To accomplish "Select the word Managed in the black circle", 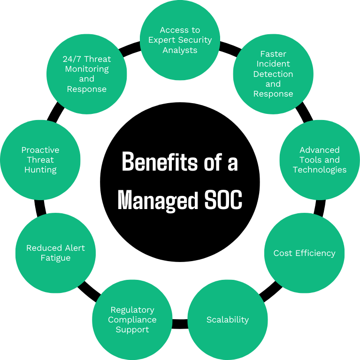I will [x=158, y=200].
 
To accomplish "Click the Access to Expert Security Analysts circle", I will [x=180, y=40].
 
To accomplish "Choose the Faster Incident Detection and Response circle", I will [x=273, y=74].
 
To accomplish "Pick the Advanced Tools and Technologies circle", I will [x=320, y=160].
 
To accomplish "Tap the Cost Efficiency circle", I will [x=304, y=253].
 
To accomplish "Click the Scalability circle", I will [x=228, y=320].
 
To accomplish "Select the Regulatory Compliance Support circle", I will [x=132, y=320].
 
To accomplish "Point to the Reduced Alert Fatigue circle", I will [x=55, y=253].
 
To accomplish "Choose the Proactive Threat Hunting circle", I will [x=40, y=160].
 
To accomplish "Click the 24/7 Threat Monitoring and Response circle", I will [x=87, y=74].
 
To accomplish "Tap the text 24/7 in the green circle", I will [x=71, y=59].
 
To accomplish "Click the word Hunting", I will [x=40, y=170].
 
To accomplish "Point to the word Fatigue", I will [x=55, y=258].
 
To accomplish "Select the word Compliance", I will [x=132, y=320].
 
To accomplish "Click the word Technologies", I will [x=320, y=170].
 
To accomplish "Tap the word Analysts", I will [x=180, y=50].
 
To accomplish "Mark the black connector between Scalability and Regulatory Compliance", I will [x=180, y=323].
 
